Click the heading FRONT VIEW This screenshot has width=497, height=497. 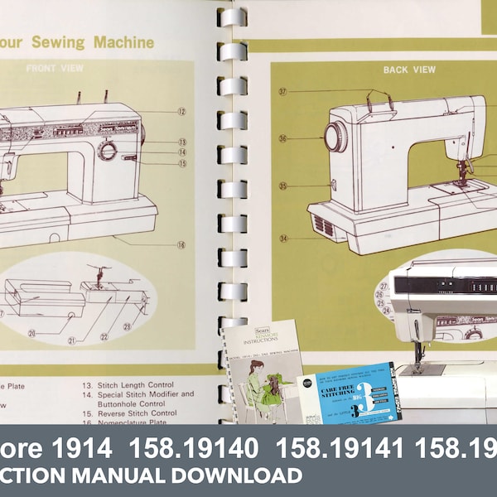pyautogui.click(x=53, y=69)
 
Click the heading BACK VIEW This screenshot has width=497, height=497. pyautogui.click(x=409, y=70)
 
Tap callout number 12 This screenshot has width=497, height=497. pyautogui.click(x=181, y=111)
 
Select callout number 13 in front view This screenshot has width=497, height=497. pyautogui.click(x=181, y=142)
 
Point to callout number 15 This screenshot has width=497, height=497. pyautogui.click(x=181, y=164)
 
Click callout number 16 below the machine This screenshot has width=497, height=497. pyautogui.click(x=181, y=244)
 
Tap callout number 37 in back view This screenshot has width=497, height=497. pyautogui.click(x=282, y=92)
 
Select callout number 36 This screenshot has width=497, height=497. pyautogui.click(x=282, y=139)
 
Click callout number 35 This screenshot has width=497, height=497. pyautogui.click(x=282, y=186)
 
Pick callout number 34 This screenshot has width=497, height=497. pyautogui.click(x=283, y=239)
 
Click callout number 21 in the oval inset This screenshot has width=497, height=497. pyautogui.click(x=72, y=340)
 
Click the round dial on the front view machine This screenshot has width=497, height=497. pyautogui.click(x=108, y=150)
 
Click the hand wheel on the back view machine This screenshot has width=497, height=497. pyautogui.click(x=335, y=137)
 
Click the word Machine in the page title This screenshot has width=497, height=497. pyautogui.click(x=123, y=41)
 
